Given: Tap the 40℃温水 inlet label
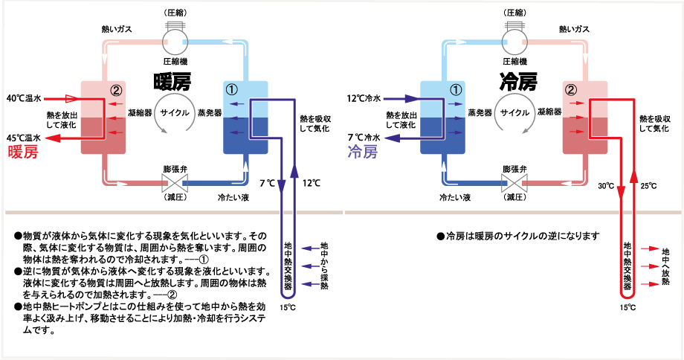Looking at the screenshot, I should tap(24, 97).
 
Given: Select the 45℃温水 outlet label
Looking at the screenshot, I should tap(24, 138).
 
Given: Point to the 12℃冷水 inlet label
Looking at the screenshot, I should tap(364, 97).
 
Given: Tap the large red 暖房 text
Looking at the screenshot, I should tap(22, 152).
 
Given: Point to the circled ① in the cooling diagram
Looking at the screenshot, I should tap(456, 90).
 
